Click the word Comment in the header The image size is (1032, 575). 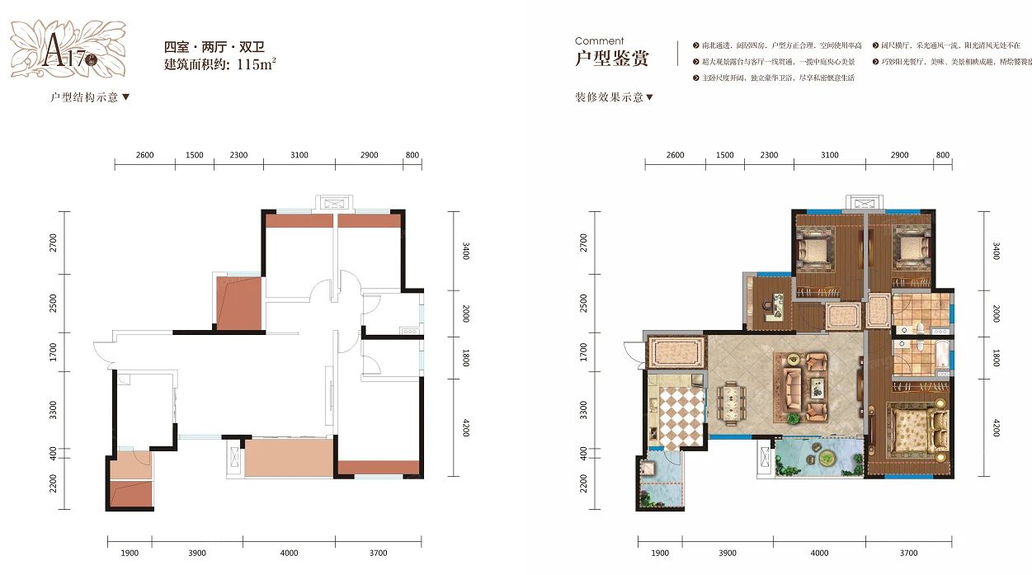(599, 40)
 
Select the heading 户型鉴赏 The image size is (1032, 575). (611, 59)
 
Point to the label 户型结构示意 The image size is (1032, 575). (85, 97)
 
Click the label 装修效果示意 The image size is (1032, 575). (610, 97)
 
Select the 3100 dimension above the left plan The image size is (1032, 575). (299, 155)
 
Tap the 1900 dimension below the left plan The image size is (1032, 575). (130, 553)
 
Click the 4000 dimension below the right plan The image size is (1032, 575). (819, 553)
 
